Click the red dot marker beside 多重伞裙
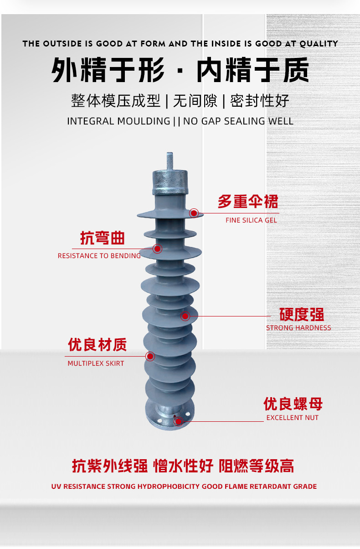[x=194, y=212]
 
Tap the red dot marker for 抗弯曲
[x=158, y=249]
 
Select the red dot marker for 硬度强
[x=185, y=316]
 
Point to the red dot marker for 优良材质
[x=150, y=356]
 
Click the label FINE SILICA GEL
[x=251, y=220]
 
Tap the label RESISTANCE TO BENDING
[x=99, y=256]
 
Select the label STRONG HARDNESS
[x=298, y=328]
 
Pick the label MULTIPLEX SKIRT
[x=96, y=363]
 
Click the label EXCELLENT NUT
[x=292, y=418]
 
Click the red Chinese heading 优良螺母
[x=293, y=404]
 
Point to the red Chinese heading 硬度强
[x=301, y=315]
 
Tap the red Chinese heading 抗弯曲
[x=102, y=238]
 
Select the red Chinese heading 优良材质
[x=97, y=345]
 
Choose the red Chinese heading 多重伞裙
[x=247, y=202]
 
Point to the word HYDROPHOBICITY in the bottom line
[x=167, y=487]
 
